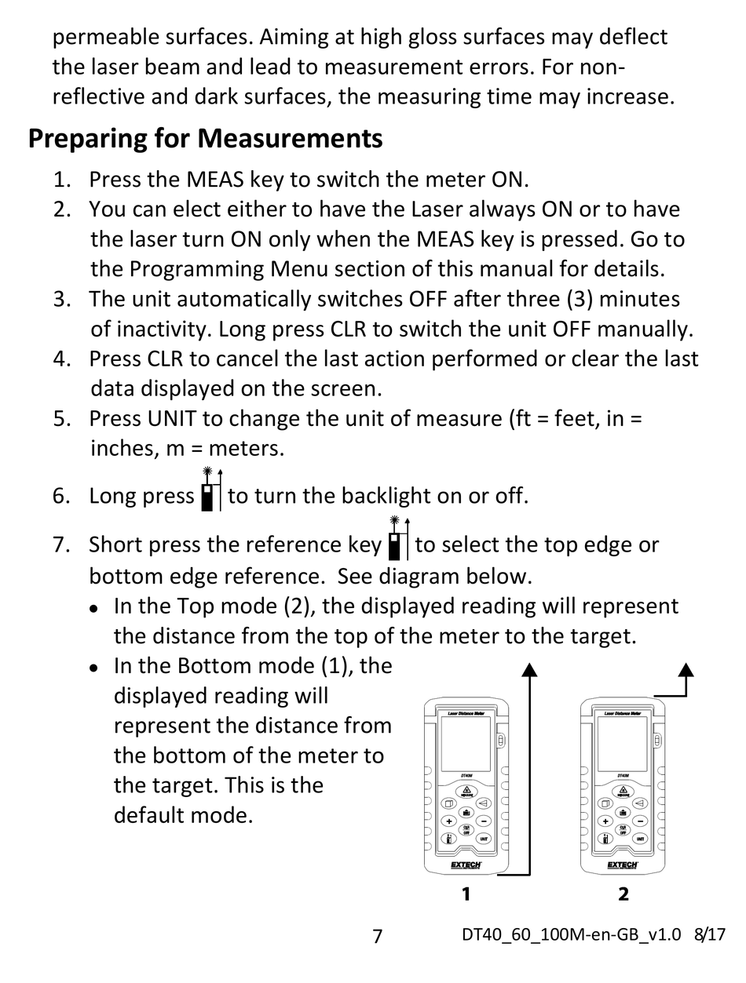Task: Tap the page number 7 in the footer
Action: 377,936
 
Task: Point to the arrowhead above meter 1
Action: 529,669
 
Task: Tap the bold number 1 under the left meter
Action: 466,894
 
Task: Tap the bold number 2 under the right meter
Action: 623,894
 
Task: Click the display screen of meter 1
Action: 466,744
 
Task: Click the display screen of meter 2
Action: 623,744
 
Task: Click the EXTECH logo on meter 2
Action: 623,865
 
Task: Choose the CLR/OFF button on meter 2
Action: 623,830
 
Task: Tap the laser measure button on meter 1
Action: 466,792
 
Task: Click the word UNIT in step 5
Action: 172,419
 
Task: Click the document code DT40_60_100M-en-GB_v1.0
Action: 571,934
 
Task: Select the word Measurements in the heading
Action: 290,138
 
